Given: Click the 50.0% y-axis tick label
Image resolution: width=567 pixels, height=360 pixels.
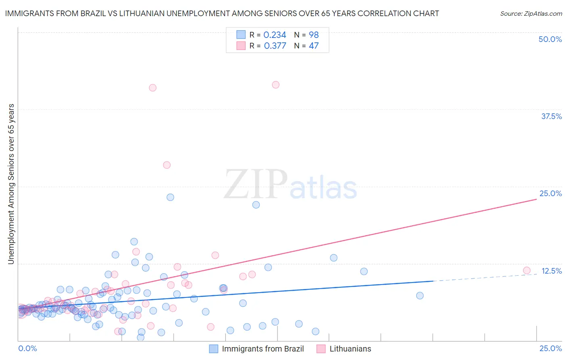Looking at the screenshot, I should [x=550, y=39].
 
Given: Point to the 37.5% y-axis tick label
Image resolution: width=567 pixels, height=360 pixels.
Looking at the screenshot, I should [x=551, y=116].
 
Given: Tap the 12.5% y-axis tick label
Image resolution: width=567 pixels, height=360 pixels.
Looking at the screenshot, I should [x=551, y=271].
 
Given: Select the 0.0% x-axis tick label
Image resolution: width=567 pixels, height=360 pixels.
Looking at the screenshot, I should [x=27, y=348].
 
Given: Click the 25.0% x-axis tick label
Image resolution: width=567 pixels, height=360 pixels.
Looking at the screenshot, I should [x=550, y=348].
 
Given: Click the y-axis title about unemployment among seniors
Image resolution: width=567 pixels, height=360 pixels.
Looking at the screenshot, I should [x=11, y=184].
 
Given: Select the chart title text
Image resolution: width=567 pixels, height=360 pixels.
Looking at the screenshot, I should [x=222, y=13].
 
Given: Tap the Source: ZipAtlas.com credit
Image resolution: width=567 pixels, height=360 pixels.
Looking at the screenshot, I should [x=531, y=13].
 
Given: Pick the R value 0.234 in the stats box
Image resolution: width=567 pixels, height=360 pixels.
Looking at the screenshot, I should [x=275, y=35].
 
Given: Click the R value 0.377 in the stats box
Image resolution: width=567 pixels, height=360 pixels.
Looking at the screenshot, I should [x=275, y=46].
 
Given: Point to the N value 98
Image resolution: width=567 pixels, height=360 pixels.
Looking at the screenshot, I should [x=314, y=35].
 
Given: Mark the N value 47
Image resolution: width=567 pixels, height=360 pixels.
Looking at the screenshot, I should [x=314, y=46].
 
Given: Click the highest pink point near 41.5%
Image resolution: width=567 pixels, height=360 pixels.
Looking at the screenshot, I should [x=275, y=85].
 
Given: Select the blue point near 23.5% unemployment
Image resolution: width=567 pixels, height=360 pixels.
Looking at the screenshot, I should [x=170, y=197].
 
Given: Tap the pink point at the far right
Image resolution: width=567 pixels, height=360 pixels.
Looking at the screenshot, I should [x=526, y=270].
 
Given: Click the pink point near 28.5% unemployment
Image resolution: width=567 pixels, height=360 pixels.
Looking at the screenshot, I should [x=167, y=165].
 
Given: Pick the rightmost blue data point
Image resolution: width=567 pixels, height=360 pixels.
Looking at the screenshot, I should [x=420, y=295].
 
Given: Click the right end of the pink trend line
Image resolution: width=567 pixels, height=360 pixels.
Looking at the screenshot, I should [x=536, y=199].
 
